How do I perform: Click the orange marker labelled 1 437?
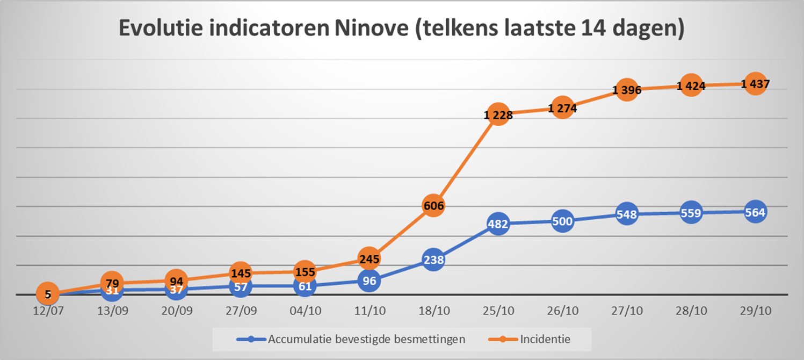755,84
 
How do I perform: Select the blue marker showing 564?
755,212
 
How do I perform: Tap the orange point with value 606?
433,205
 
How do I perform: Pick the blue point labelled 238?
433,260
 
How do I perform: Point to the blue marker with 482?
498,224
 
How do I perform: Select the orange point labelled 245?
370,260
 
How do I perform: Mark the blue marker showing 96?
370,280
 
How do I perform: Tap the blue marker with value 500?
562,220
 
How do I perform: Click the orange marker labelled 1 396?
627,90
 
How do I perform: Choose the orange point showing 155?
305,272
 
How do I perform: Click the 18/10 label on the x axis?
433,311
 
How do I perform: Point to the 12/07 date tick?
48,311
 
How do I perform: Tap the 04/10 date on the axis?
305,311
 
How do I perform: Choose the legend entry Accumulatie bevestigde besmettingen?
366,339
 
